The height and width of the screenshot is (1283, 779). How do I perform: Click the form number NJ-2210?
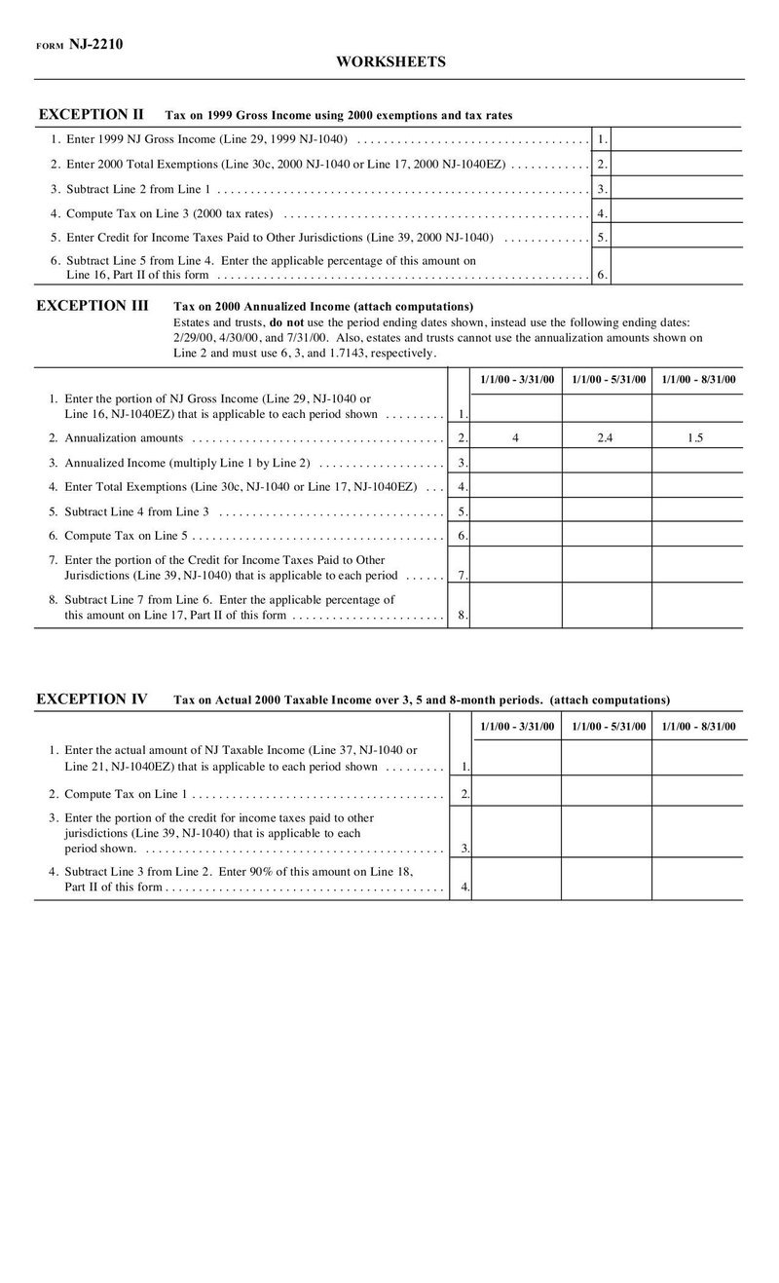pos(95,44)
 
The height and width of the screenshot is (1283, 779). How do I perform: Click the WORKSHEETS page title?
pos(391,61)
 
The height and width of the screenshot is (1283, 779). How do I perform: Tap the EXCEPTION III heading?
pos(93,305)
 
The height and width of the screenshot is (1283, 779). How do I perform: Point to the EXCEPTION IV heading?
pos(92,698)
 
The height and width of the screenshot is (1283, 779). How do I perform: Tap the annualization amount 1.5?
pos(695,438)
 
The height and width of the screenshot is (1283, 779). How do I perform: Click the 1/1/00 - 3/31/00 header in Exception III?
pos(517,379)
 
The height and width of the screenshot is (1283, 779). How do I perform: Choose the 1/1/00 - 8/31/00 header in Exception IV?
pos(698,726)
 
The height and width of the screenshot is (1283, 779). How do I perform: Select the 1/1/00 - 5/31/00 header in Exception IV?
pos(607,726)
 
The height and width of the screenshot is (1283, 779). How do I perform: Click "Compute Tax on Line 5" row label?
pos(126,536)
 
